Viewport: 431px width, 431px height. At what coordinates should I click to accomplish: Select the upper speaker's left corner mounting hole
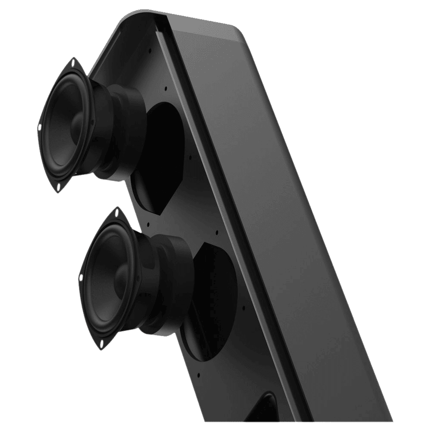tap(40, 127)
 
